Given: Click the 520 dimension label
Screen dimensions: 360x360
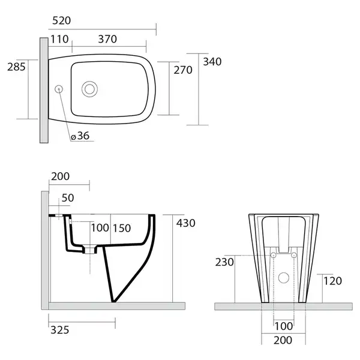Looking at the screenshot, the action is point(62,20).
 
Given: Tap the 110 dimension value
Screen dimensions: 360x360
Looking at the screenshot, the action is point(59,39).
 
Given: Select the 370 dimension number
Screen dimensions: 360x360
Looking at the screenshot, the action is point(107,39).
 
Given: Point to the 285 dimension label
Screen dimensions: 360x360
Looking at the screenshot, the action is point(16,67).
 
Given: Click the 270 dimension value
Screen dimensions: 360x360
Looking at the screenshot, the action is point(183,70).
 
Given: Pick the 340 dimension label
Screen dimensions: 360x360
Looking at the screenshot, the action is point(212,62).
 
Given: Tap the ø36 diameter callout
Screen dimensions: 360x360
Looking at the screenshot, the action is point(80,136).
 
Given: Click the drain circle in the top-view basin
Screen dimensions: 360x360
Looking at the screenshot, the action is point(89,89).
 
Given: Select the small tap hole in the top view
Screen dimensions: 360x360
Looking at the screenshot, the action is point(59,89).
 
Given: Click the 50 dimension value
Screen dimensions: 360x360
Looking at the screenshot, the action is point(68,198).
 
